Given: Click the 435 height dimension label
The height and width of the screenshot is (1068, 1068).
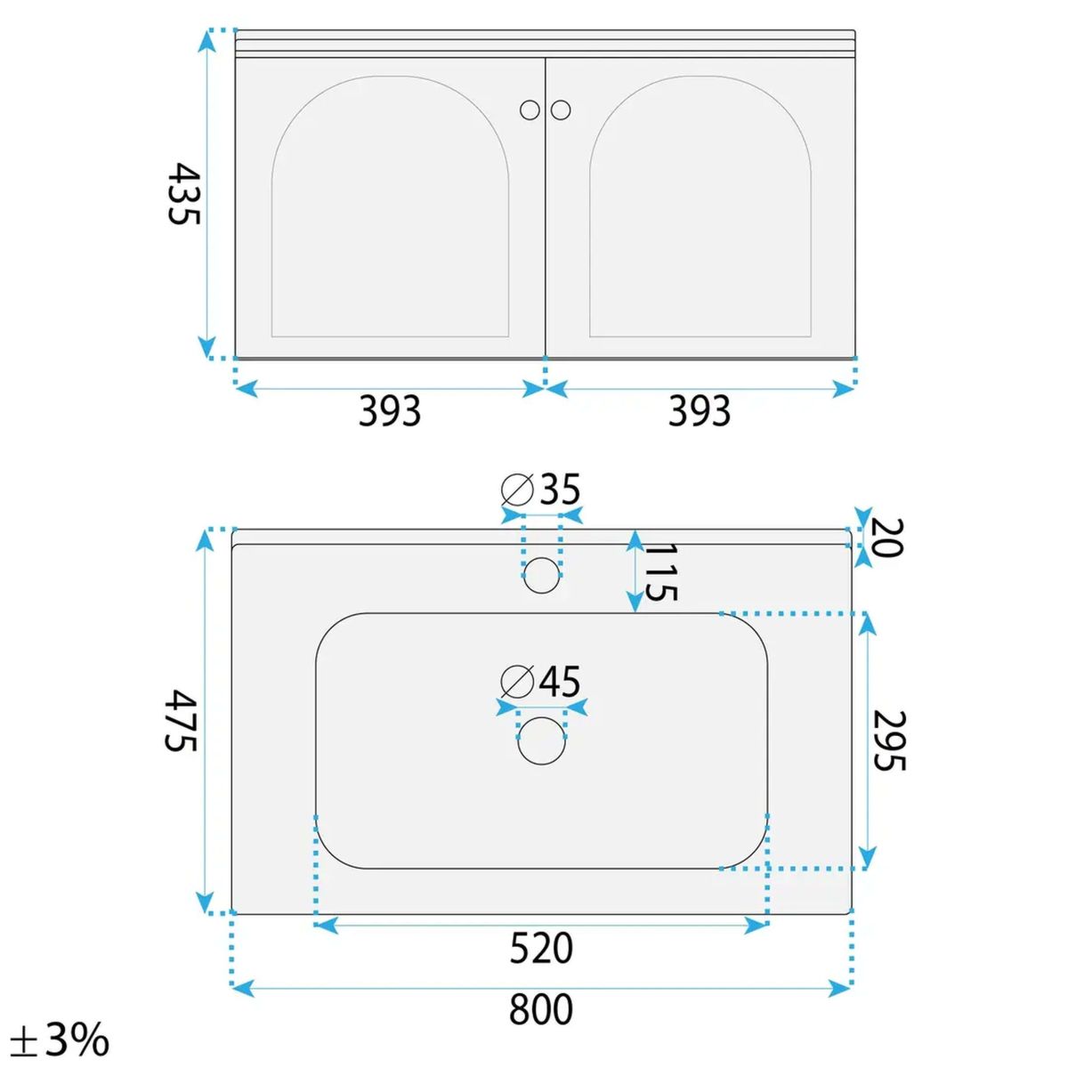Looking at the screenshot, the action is click(x=182, y=193).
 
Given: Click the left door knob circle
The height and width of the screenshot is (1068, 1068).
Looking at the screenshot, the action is click(x=530, y=109).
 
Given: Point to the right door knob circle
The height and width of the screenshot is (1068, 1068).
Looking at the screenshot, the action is click(x=561, y=109).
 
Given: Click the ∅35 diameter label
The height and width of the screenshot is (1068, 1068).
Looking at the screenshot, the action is click(x=540, y=489).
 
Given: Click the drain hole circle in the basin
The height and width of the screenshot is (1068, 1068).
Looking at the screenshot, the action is click(x=541, y=741).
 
